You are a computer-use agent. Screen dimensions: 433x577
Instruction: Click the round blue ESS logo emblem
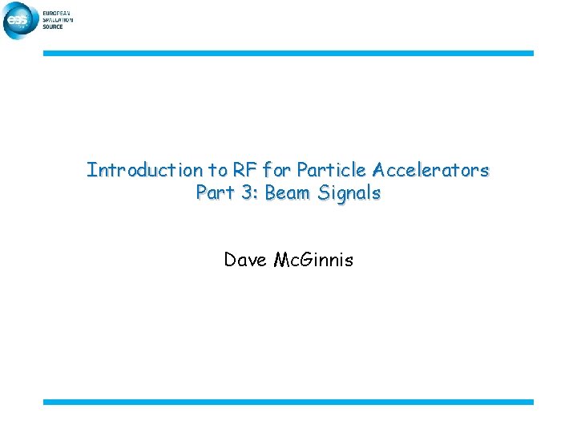click(x=21, y=20)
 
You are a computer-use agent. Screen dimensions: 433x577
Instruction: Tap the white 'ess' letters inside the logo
click(x=18, y=22)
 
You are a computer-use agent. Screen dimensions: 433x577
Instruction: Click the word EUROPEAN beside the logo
click(x=58, y=13)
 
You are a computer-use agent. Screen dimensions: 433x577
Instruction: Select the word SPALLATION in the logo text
click(x=59, y=19)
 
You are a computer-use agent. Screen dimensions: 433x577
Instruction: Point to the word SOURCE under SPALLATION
click(x=54, y=26)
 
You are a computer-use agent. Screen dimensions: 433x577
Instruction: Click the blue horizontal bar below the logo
click(x=288, y=53)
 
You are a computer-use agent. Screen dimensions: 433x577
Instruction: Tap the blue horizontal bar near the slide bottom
click(x=288, y=402)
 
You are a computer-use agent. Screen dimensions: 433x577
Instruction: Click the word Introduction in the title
click(x=134, y=170)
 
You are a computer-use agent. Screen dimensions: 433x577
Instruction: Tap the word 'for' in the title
click(x=275, y=170)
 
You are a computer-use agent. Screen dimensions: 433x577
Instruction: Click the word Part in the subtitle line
click(x=212, y=193)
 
